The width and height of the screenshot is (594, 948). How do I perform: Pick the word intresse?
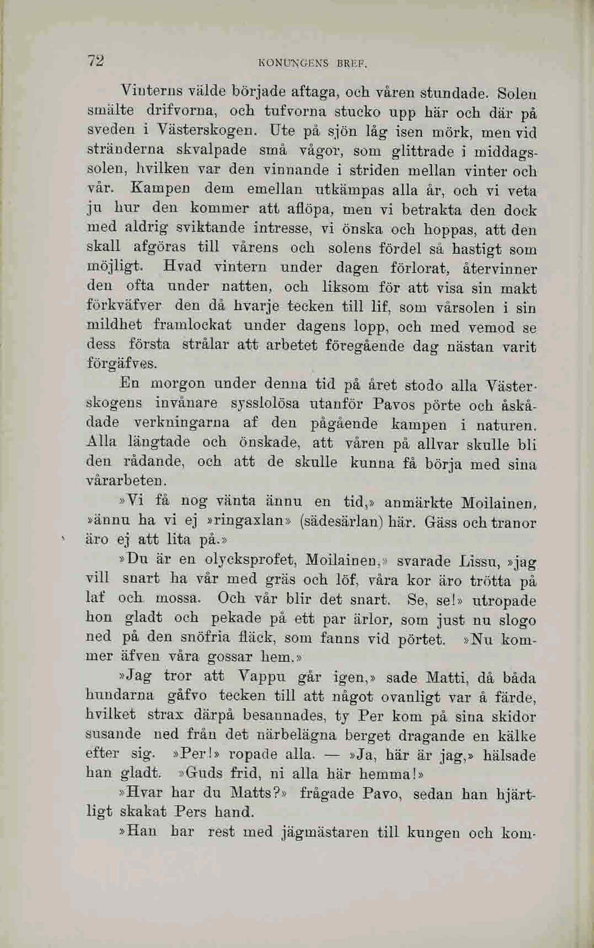tap(282, 228)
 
